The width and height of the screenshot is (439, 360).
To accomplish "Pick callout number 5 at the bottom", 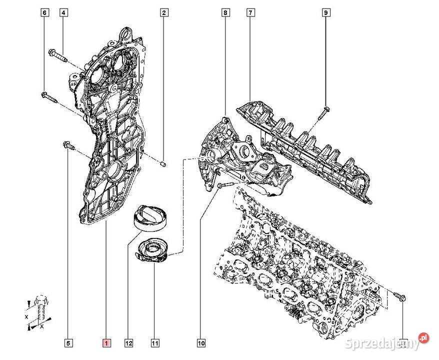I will coord(69,343).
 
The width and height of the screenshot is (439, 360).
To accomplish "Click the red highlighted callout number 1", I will coord(106,343).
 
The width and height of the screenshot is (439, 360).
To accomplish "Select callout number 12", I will coord(129,343).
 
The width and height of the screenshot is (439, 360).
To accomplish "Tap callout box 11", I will coord(155,343).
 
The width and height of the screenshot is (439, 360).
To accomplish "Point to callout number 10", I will coord(201,343).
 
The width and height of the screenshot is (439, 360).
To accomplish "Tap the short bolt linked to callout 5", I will coord(68,145).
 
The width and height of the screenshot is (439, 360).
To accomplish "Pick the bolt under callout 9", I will coord(322,113).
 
